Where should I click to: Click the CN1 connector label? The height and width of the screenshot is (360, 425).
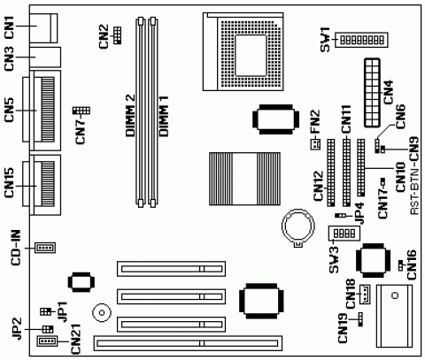coord(10,27)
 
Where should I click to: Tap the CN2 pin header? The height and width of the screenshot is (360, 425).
coord(117,34)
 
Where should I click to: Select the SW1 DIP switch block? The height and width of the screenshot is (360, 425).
coord(361,40)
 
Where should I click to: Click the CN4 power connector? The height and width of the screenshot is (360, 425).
coord(372,93)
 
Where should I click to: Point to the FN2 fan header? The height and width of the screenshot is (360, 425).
coord(316,144)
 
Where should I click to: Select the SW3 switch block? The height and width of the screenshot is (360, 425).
coord(344,234)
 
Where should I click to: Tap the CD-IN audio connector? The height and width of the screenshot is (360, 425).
coord(45,247)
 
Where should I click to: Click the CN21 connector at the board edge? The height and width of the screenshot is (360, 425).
coord(47,341)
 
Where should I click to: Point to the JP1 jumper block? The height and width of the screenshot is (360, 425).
coord(44,311)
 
